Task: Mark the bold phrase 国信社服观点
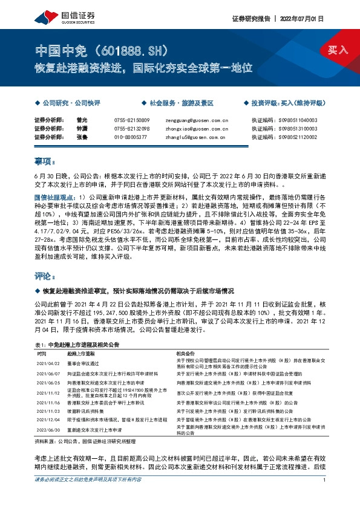(x=54, y=197)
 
